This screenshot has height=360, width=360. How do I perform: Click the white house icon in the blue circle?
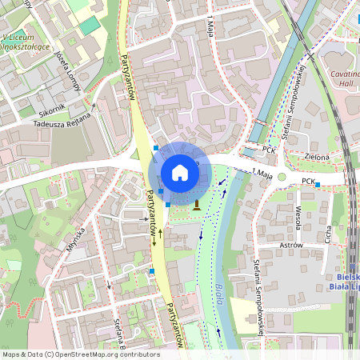[x=180, y=172]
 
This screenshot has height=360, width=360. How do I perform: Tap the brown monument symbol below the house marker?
[x=196, y=206]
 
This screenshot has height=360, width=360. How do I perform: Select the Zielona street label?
[x=317, y=158]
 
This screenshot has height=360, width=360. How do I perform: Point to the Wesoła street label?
[x=298, y=217]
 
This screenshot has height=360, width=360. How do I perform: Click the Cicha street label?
[x=328, y=231]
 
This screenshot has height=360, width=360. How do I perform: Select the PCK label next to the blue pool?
[x=270, y=150]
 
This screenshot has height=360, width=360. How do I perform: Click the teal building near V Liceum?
[x=90, y=25]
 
